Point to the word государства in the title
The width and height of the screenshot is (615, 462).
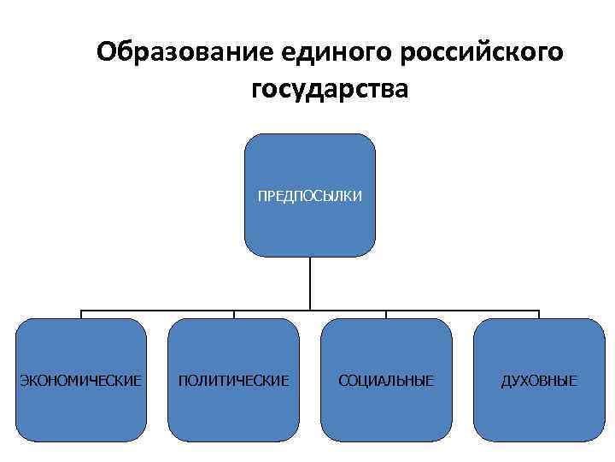click(x=331, y=89)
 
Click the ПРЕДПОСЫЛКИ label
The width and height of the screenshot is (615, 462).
click(x=310, y=197)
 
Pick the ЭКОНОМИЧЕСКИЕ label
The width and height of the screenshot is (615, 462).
click(x=81, y=379)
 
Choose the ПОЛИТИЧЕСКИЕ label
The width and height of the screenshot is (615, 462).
click(x=233, y=379)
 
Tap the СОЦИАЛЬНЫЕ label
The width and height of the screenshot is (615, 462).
click(x=386, y=379)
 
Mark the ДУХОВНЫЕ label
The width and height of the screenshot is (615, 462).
click(x=539, y=379)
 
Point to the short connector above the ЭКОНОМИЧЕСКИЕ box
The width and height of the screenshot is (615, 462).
click(x=81, y=313)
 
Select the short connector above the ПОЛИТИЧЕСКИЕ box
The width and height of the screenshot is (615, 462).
click(x=234, y=313)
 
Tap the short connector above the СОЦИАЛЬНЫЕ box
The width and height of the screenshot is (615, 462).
click(x=386, y=313)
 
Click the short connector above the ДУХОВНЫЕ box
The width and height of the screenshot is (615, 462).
click(x=539, y=313)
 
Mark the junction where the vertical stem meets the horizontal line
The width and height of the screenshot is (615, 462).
click(x=310, y=308)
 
